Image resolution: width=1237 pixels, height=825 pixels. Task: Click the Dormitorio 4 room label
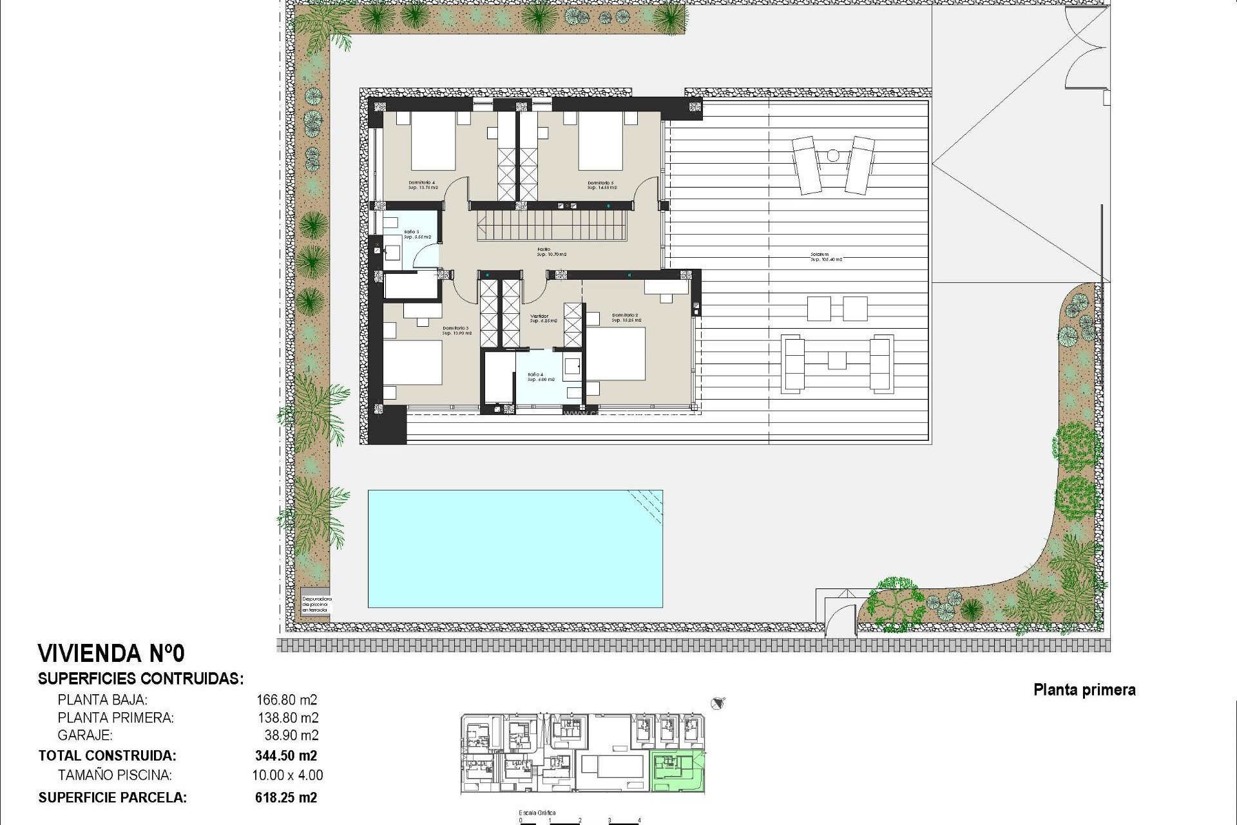click(422, 185)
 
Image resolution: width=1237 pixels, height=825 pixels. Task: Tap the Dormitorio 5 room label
click(602, 185)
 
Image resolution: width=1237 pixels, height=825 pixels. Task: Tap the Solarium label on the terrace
click(826, 257)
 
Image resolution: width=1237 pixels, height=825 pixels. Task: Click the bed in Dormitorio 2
click(616, 354)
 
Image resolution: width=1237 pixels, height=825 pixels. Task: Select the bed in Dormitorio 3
click(413, 362)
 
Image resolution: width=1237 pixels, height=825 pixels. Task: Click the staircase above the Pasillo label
click(552, 228)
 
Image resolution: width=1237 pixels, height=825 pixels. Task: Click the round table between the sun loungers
click(832, 155)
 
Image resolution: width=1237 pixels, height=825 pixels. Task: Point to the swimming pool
click(515, 548)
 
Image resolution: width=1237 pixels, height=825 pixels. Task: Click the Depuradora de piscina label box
click(316, 603)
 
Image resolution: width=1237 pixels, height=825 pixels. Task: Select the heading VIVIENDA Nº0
click(111, 654)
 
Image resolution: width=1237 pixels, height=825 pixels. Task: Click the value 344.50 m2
click(286, 755)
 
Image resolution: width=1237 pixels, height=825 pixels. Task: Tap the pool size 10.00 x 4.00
click(287, 775)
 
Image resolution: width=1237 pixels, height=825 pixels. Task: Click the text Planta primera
click(1084, 690)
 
